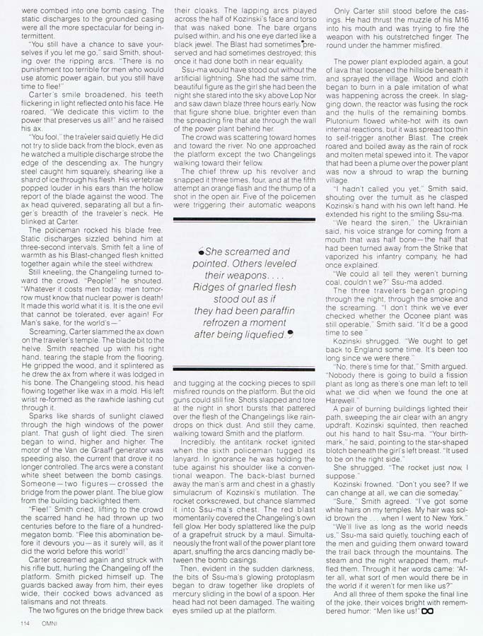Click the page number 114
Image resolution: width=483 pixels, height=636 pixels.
18,622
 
